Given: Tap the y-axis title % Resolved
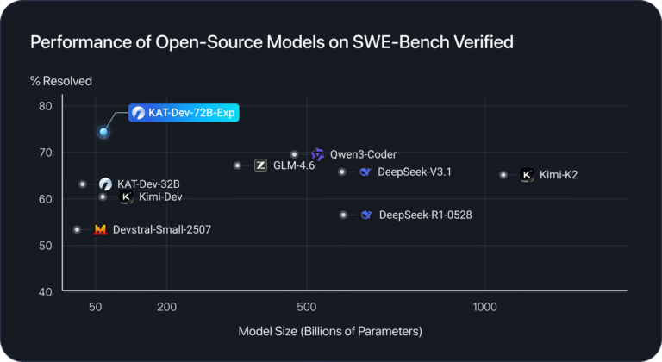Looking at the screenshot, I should tap(61, 82).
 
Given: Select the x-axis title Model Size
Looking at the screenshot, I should tap(330, 331).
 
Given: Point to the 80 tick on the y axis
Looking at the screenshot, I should tap(46, 107).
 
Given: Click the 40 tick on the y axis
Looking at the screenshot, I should tap(46, 292).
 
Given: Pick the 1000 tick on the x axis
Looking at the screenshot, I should tap(485, 307).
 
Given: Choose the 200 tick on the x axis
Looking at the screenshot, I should tap(167, 307).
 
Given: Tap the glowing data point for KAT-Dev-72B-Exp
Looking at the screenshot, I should tap(104, 132).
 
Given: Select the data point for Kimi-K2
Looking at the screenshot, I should tap(503, 174).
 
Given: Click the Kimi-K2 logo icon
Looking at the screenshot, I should tap(528, 175).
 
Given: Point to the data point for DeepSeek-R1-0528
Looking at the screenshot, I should tap(343, 215).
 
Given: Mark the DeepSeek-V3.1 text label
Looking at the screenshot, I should tap(415, 172).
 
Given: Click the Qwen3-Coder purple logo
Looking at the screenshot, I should tap(317, 154).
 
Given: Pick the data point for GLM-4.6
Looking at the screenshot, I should tap(237, 165).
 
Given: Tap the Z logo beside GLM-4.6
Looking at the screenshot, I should tap(260, 165).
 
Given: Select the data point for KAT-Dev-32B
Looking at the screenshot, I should tap(82, 184).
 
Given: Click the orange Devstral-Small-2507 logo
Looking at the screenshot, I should tap(100, 230).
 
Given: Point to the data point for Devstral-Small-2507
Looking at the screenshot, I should tap(78, 229).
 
